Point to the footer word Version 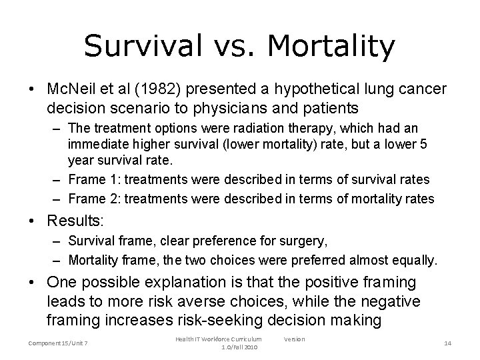(x=294, y=339)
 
